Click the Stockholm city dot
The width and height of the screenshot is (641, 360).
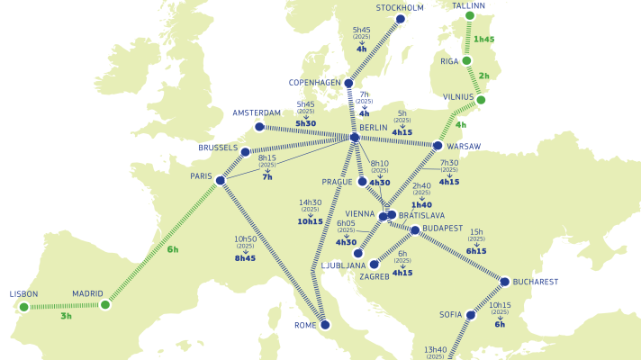tap(401, 19)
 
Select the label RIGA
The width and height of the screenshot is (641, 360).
tap(449, 61)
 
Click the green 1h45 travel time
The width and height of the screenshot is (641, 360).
tap(483, 40)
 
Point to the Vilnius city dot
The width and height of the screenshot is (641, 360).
tap(482, 100)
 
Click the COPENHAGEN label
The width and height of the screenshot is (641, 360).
tap(315, 83)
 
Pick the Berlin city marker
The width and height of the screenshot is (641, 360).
tap(355, 138)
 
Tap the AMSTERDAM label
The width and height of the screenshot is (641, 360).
tap(257, 113)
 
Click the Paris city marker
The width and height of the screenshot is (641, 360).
tap(221, 180)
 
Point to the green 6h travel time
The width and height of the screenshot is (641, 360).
tap(172, 249)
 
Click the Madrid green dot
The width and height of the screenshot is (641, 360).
tap(105, 305)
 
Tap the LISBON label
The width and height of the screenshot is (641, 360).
tap(24, 294)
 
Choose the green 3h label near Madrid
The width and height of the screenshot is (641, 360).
tap(66, 317)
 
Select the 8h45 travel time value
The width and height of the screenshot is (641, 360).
tap(245, 257)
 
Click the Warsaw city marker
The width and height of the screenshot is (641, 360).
tap(438, 146)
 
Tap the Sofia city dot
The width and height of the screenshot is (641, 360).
tap(470, 315)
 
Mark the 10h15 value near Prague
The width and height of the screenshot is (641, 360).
tap(310, 221)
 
